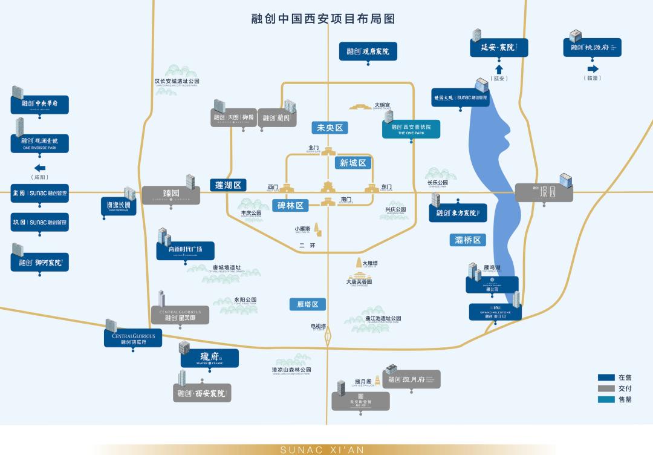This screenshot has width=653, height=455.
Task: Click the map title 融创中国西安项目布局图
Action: (x=323, y=19)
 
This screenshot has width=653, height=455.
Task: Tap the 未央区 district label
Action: (x=330, y=128)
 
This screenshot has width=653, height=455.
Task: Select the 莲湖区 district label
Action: (x=229, y=185)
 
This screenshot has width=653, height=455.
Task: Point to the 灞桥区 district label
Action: (x=467, y=240)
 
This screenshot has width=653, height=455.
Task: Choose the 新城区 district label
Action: (x=352, y=163)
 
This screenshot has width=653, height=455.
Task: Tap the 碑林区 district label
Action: (x=290, y=206)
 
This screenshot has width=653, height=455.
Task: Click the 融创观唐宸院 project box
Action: (x=368, y=51)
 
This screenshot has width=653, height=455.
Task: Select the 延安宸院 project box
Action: (x=499, y=48)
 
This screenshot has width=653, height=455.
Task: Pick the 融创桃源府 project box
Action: (x=592, y=47)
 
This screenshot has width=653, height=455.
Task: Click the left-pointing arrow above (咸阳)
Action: (x=40, y=168)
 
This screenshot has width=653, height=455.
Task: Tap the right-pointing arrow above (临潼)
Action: (x=592, y=69)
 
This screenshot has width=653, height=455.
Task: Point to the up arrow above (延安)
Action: (x=499, y=69)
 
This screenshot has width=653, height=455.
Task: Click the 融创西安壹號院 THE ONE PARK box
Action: (x=411, y=129)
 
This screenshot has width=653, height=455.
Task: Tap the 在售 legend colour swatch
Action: (x=606, y=378)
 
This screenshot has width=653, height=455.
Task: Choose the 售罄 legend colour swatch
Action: (x=606, y=399)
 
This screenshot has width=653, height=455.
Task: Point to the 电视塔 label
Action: (x=318, y=327)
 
